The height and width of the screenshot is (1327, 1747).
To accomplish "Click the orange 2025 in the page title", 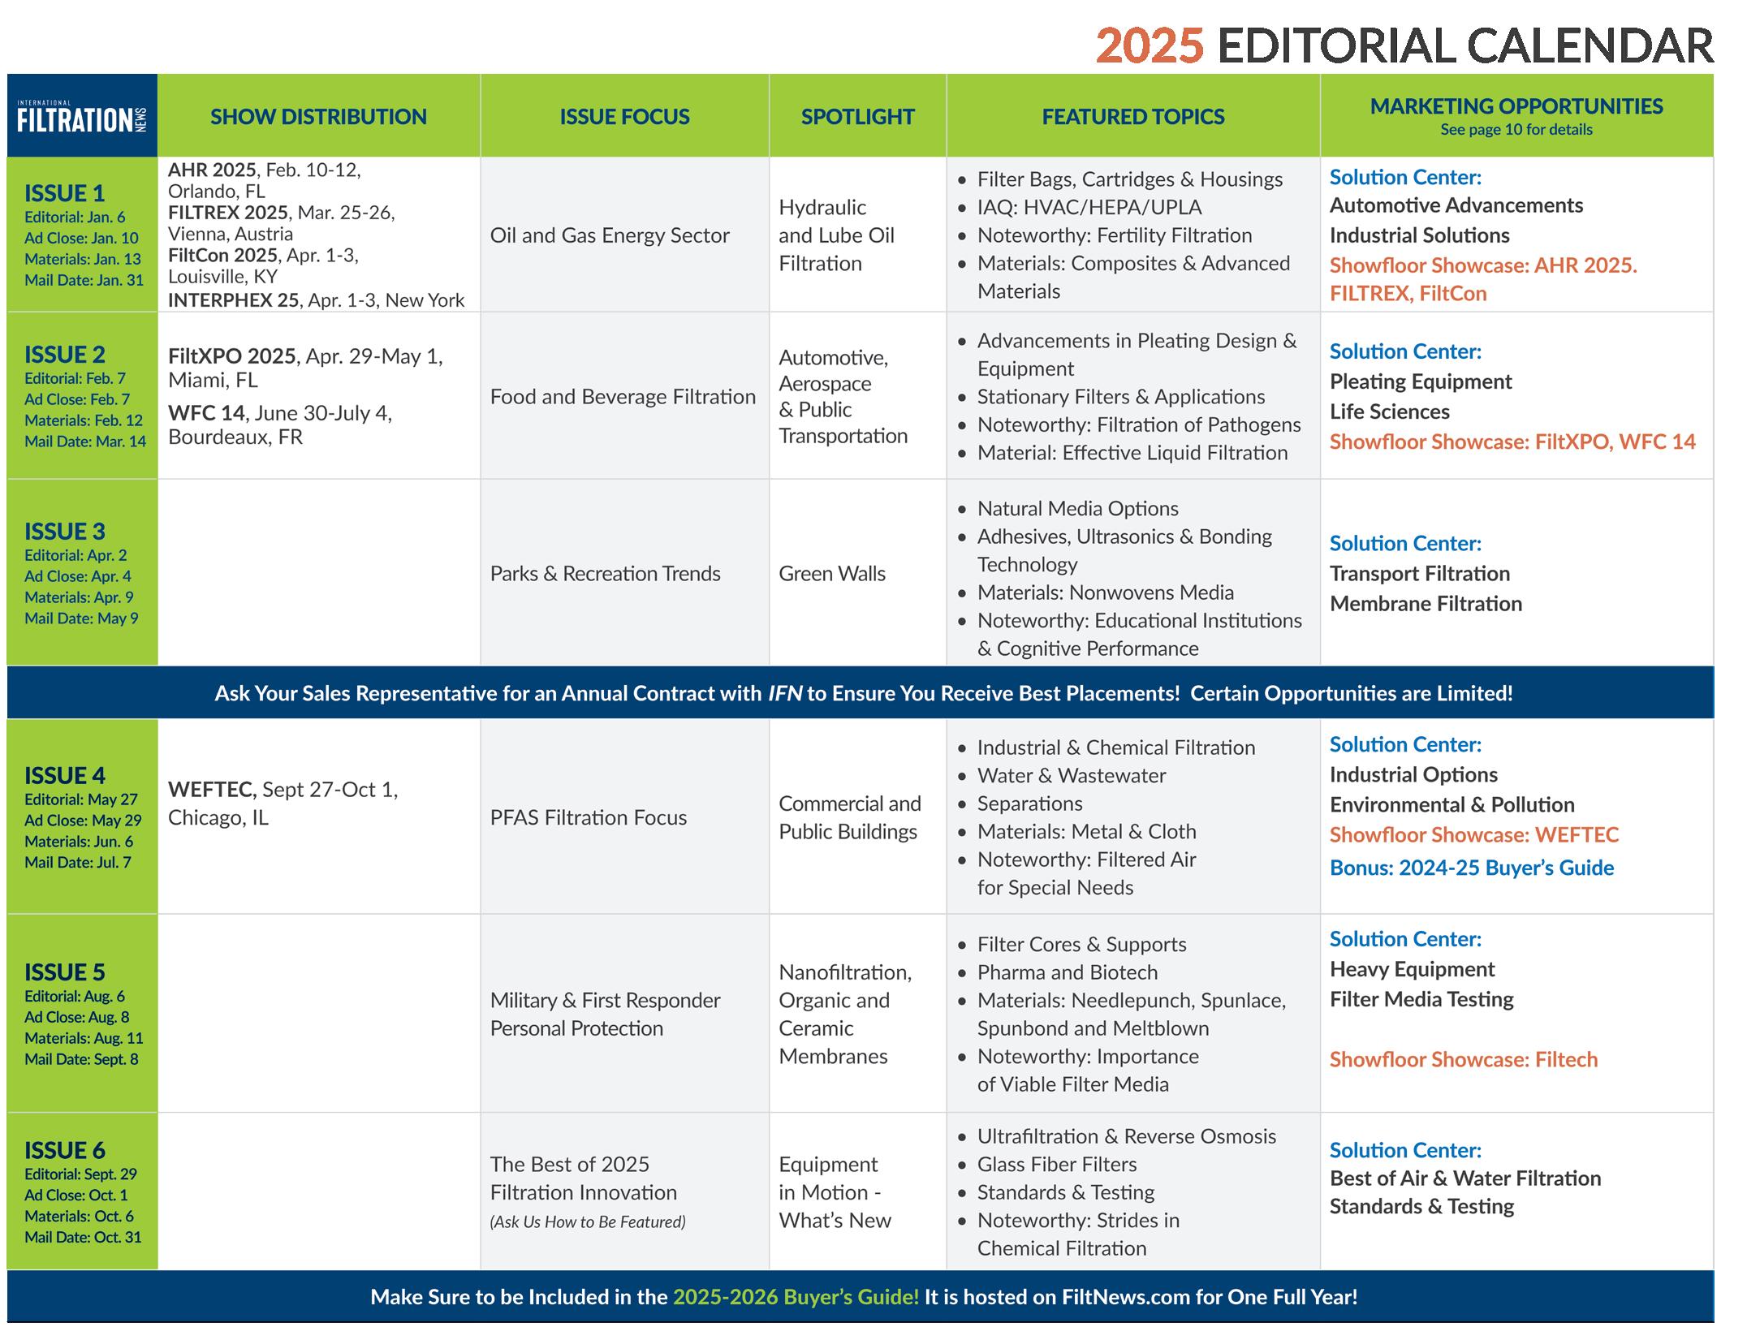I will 1150,46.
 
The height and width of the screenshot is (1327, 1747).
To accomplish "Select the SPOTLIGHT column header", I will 857,117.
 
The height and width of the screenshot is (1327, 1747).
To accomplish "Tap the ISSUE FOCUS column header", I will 624,117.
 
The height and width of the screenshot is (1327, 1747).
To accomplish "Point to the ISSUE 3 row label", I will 65,532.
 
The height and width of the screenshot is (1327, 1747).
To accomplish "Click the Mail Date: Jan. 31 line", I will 84,280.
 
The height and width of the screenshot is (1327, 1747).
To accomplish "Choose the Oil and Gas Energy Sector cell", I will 610,235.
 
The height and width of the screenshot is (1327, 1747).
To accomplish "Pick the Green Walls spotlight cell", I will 832,574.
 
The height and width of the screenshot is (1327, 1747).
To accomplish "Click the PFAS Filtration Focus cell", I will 588,817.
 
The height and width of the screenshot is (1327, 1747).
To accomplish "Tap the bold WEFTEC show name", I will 212,790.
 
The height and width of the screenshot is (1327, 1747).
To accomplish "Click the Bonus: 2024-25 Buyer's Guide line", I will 1471,868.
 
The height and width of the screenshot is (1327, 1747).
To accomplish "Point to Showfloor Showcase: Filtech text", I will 1463,1059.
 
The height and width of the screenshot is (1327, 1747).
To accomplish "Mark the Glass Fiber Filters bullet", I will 1056,1165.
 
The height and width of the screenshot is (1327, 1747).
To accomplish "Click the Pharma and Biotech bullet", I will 1067,972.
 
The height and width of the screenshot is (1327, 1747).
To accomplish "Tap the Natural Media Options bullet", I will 1077,509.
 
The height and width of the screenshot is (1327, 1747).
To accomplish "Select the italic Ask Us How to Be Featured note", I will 588,1221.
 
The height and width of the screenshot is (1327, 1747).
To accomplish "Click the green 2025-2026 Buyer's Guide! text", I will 796,1297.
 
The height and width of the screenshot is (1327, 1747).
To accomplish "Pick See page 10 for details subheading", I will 1516,130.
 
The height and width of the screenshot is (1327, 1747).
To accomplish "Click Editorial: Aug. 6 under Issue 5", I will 75,996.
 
